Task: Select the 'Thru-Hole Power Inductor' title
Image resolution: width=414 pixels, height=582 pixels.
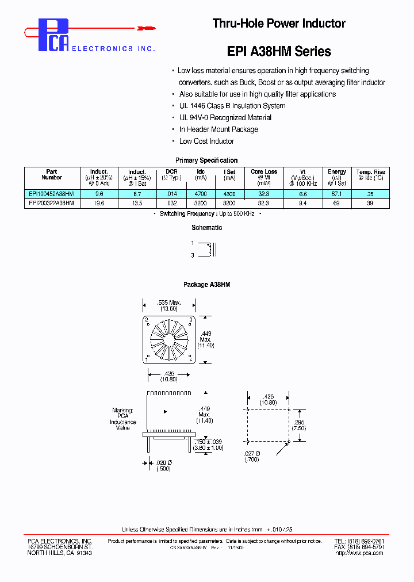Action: pos(279,24)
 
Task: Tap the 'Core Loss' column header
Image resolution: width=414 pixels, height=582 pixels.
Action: pos(263,171)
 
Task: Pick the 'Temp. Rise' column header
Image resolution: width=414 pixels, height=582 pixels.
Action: pos(371,172)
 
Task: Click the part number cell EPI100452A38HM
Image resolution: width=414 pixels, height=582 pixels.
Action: pos(51,194)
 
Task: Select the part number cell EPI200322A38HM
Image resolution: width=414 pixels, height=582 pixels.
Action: pos(51,203)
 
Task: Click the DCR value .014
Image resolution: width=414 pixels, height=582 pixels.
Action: pos(171,194)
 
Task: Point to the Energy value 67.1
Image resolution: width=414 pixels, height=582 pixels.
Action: pos(337,194)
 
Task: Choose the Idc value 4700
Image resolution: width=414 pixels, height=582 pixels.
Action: pos(201,194)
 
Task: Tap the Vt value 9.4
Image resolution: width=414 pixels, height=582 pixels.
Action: pos(304,203)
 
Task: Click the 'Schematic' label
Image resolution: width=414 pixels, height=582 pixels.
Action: pos(206,228)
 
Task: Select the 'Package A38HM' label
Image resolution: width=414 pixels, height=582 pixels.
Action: pos(206,285)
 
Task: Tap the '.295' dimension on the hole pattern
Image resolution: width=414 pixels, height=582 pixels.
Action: pos(299,422)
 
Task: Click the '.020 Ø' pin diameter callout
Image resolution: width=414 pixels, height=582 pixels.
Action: pos(165,462)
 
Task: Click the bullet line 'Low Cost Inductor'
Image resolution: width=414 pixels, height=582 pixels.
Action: pos(206,141)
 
